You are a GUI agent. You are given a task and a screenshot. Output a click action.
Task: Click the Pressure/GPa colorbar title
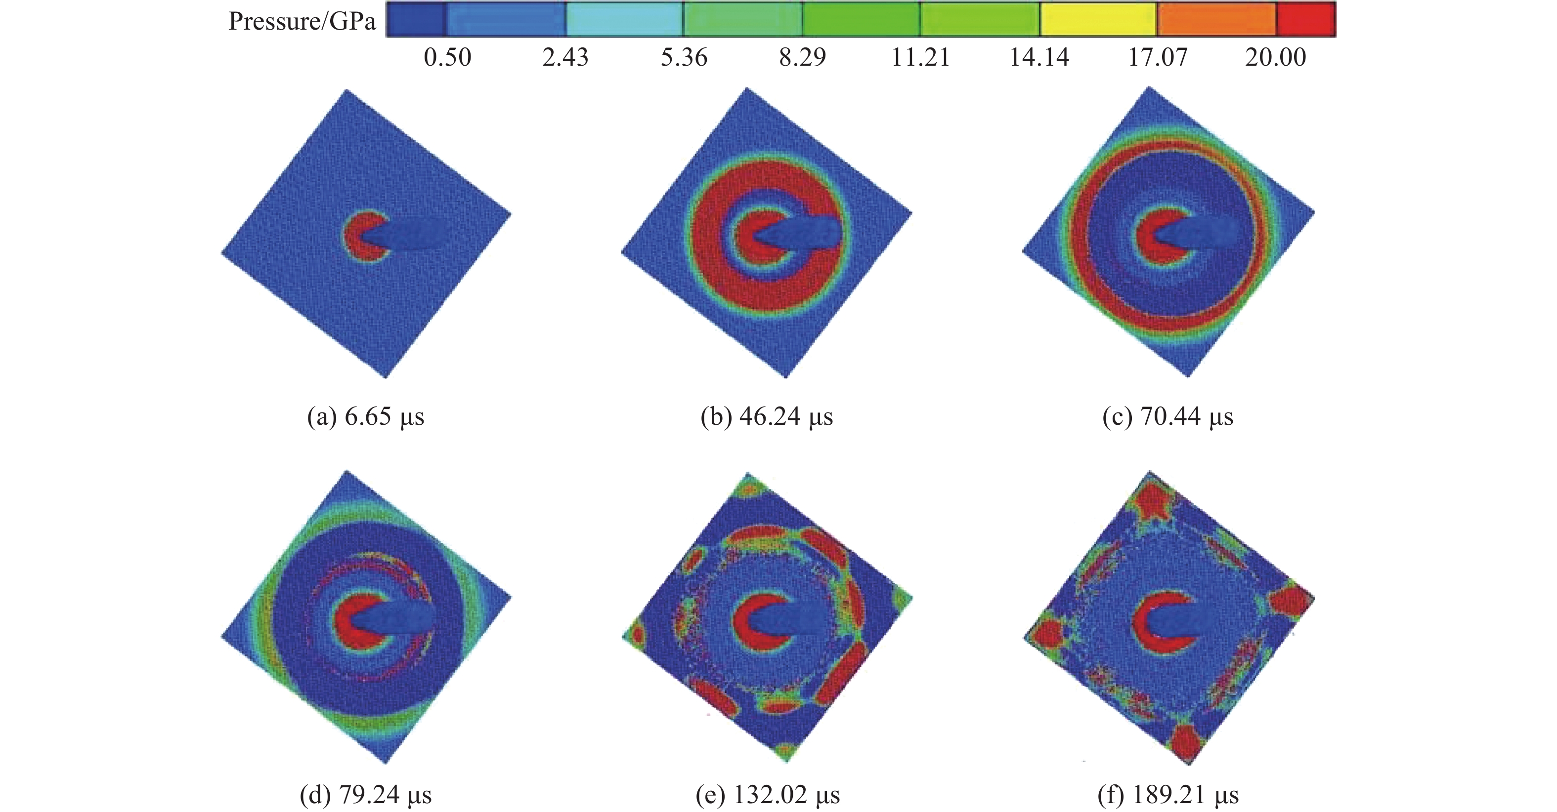tap(302, 22)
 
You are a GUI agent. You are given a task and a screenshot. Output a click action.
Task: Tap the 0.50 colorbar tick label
tap(447, 57)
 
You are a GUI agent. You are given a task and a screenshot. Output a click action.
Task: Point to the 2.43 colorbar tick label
tap(565, 57)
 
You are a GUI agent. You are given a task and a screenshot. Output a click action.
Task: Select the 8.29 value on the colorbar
tap(802, 57)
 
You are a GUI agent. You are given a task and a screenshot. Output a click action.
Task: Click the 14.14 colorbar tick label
tap(1039, 57)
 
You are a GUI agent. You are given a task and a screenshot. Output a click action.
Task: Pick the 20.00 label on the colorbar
tap(1275, 57)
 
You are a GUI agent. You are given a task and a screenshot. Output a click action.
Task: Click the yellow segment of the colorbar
tap(1098, 19)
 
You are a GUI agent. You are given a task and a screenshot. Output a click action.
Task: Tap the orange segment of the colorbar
tap(1216, 19)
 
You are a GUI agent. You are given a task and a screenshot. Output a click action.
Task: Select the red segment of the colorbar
tap(1305, 19)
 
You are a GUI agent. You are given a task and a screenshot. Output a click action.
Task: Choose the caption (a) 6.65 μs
tap(366, 417)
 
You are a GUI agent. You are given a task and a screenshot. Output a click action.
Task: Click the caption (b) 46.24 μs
tap(767, 417)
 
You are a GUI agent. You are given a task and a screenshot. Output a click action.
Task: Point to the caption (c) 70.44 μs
tap(1168, 417)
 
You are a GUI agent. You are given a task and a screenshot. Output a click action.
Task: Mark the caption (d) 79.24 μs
tap(366, 795)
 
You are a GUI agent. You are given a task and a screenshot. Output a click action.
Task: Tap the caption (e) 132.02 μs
tap(768, 795)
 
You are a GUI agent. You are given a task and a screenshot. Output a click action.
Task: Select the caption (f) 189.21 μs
tap(1168, 795)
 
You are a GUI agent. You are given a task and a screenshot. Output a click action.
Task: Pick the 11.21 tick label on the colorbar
tap(920, 57)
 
